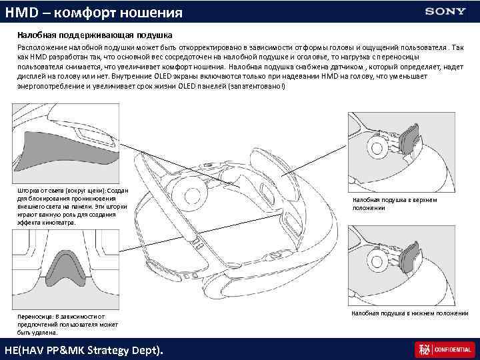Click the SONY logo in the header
point(445,11)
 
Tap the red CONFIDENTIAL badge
point(444,349)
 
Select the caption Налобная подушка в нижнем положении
point(409,313)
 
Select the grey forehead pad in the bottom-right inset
point(409,257)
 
